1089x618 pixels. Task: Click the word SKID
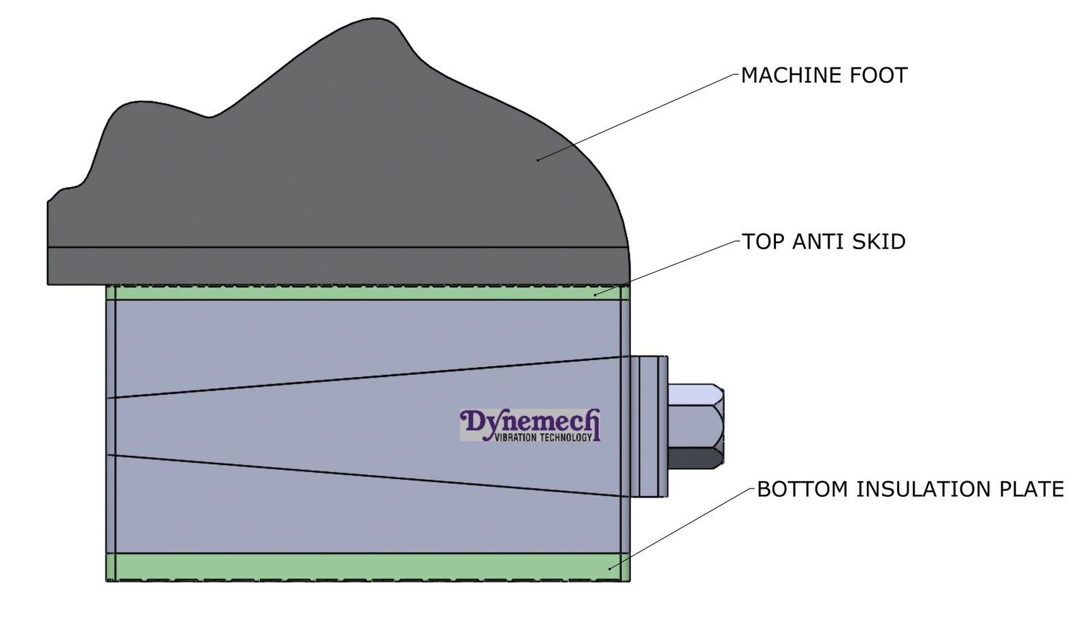[x=879, y=242]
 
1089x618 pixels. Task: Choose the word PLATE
[x=1031, y=489]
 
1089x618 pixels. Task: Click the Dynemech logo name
[x=530, y=421]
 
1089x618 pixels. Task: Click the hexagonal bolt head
[x=696, y=426]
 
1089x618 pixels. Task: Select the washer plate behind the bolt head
[x=649, y=426]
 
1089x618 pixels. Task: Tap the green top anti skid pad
[x=368, y=293]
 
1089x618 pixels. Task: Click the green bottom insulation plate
[x=368, y=566]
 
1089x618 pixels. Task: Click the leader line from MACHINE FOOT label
[x=640, y=116]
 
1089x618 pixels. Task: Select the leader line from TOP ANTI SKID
[x=667, y=268]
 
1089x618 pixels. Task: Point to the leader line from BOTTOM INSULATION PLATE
[x=681, y=528]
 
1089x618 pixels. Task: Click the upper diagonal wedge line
[x=368, y=376]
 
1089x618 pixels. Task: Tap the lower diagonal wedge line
[x=368, y=476]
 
